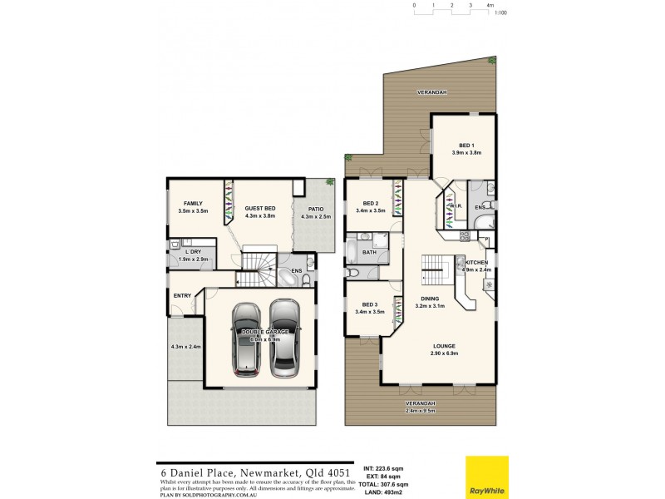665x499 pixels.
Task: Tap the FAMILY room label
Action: (x=193, y=204)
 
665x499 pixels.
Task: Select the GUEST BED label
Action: (x=259, y=209)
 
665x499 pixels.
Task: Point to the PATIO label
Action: (x=315, y=210)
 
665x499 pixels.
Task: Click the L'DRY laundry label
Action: (x=193, y=251)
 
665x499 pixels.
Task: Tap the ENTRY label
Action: (x=182, y=295)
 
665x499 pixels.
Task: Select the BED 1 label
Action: (x=466, y=145)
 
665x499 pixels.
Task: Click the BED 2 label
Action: (x=371, y=204)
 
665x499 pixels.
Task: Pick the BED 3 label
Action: (x=371, y=304)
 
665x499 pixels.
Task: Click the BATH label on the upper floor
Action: (x=369, y=252)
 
